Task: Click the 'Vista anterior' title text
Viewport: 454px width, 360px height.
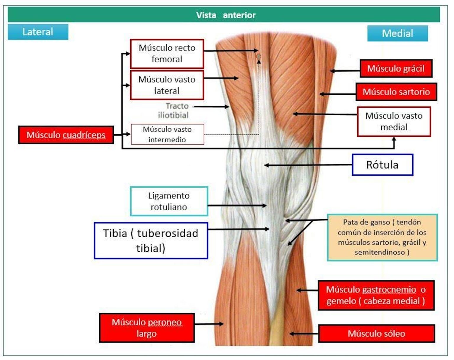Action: [226, 15]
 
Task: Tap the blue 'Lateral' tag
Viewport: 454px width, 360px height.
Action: [38, 32]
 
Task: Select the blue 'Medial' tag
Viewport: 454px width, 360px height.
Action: [397, 33]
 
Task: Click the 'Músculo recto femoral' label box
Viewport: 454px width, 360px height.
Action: [167, 54]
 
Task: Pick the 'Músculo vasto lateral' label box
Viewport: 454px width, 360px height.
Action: [167, 85]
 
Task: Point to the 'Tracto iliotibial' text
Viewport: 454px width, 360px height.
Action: [174, 110]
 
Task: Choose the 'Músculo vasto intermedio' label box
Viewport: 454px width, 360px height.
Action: [167, 134]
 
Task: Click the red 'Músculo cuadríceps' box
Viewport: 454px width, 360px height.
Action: [66, 135]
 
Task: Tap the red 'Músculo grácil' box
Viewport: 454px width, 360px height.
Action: [396, 69]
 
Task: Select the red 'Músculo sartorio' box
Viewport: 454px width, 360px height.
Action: [396, 92]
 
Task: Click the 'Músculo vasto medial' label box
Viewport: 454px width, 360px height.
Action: [394, 122]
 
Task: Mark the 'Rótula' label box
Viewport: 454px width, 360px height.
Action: [382, 165]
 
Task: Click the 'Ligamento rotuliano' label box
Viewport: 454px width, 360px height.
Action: [169, 201]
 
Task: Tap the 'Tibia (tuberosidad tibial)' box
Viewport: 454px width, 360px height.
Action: [151, 240]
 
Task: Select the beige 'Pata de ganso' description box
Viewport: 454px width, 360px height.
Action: [382, 237]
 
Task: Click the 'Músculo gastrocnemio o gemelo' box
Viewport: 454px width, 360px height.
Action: [376, 295]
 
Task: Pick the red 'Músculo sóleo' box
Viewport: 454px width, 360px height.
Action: [376, 334]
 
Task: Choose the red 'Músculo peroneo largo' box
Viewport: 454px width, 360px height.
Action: [147, 328]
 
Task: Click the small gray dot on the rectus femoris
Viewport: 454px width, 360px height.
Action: [259, 56]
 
